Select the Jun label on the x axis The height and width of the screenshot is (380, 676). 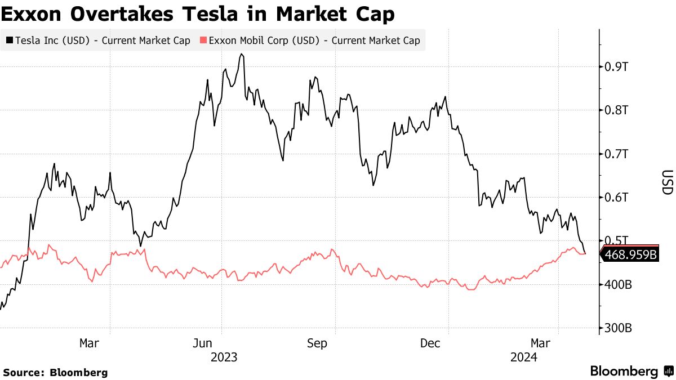pos(202,343)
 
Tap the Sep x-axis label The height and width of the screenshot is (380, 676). pos(317,343)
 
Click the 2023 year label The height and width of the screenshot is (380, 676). pos(224,357)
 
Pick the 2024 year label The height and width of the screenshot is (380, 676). pos(523,357)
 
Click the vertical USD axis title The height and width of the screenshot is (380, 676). pos(667,182)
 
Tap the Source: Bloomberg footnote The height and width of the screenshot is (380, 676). pos(55,373)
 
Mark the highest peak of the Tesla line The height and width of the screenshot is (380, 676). pos(241,54)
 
